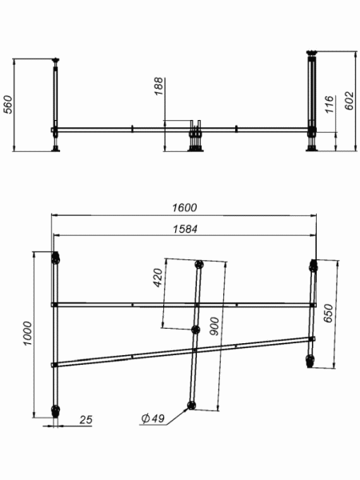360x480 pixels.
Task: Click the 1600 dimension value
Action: (185, 207)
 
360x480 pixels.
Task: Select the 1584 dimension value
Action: (185, 229)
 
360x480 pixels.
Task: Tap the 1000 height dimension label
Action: (27, 334)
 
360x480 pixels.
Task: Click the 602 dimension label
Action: (350, 100)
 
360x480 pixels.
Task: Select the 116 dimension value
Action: (329, 104)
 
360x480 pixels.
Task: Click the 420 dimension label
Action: (158, 278)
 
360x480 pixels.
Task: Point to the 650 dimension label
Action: (328, 314)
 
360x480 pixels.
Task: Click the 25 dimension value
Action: (86, 419)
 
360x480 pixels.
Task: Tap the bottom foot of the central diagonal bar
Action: (190, 406)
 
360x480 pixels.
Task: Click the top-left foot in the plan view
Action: (56, 259)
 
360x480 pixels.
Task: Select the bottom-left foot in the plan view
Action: (55, 411)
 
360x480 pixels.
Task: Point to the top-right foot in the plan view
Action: (314, 265)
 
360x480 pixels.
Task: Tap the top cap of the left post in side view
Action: (56, 60)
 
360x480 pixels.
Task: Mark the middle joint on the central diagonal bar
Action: (194, 330)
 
